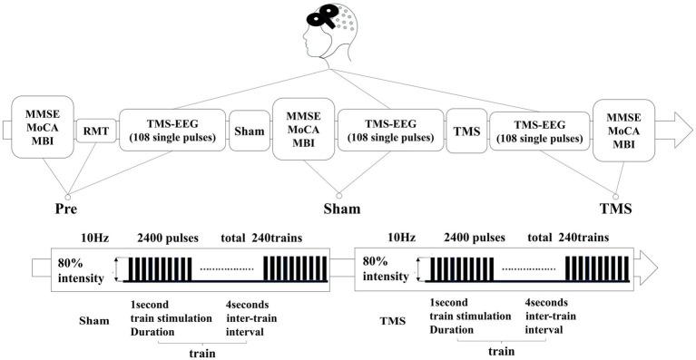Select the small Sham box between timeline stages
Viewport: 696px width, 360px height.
pos(249,131)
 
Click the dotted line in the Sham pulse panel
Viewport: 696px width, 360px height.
pos(227,270)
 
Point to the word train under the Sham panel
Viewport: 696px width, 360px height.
pos(201,348)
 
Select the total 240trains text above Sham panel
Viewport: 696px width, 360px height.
pos(262,238)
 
